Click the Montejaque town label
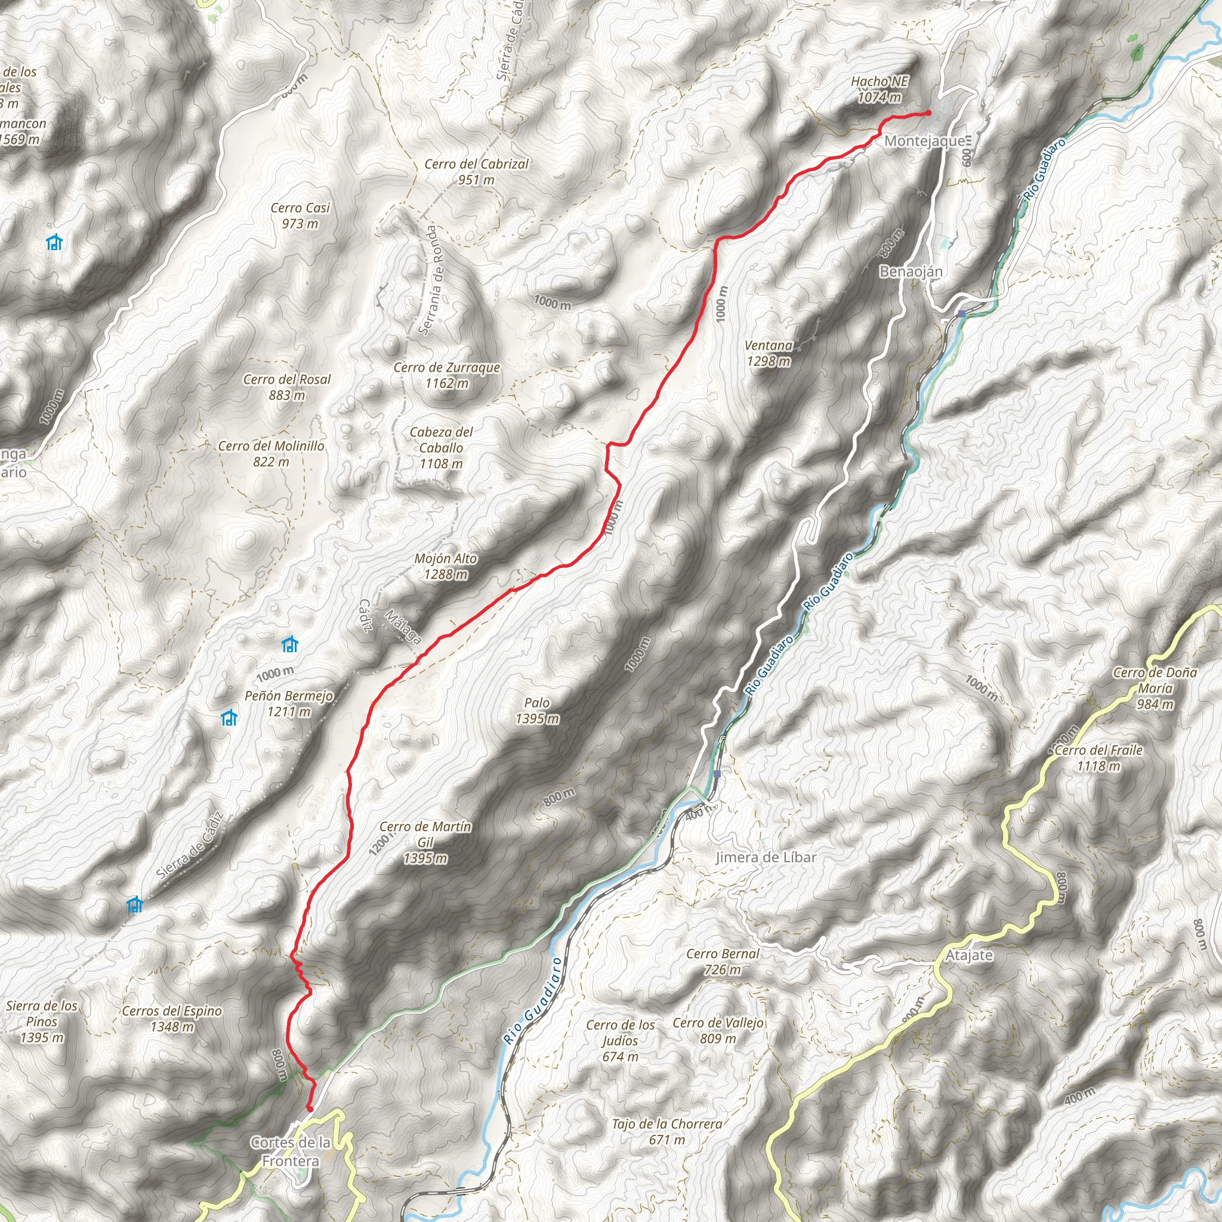924,140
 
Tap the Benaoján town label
911,271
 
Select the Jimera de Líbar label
766,857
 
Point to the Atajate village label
969,955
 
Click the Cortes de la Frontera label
291,1151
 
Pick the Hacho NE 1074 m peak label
879,89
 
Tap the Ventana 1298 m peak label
769,353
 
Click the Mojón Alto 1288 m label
445,566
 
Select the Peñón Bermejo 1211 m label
288,703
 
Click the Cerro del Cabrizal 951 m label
476,171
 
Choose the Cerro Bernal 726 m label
723,961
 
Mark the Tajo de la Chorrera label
666,1131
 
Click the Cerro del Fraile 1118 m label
1098,758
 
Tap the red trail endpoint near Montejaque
928,113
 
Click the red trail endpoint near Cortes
310,1108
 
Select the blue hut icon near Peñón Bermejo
229,718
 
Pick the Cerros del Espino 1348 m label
171,1019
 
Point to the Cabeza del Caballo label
441,447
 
